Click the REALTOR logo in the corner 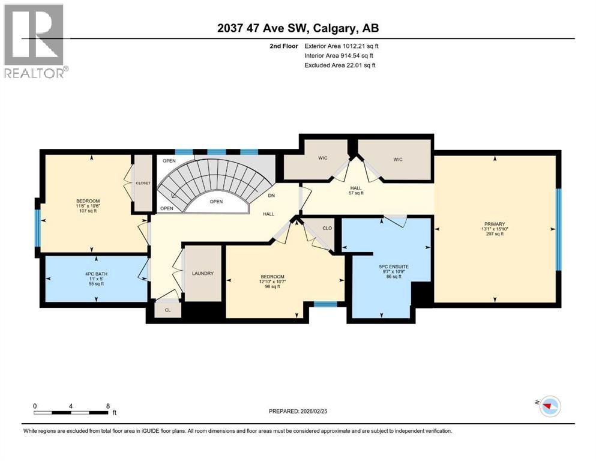[x=34, y=41]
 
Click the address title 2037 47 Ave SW [x=298, y=28]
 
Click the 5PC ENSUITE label [x=386, y=266]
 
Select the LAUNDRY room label [x=203, y=273]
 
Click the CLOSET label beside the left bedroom [x=143, y=183]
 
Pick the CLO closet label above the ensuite [x=327, y=228]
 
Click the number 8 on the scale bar [x=107, y=406]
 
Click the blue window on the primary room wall [x=559, y=229]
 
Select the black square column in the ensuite [x=422, y=294]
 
